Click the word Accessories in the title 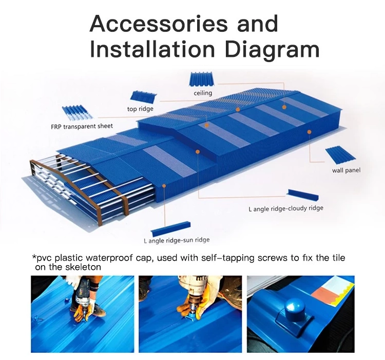tap(159, 23)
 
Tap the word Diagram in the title tap(272, 49)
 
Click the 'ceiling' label tap(203, 93)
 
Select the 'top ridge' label tap(140, 109)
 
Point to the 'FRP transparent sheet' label tap(82, 126)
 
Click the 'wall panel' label tap(346, 170)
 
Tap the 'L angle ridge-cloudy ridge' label tap(286, 208)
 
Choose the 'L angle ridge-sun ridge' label tap(177, 240)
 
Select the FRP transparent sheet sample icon tap(78, 113)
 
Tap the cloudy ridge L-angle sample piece tap(303, 195)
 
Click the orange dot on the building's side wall tap(309, 132)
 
